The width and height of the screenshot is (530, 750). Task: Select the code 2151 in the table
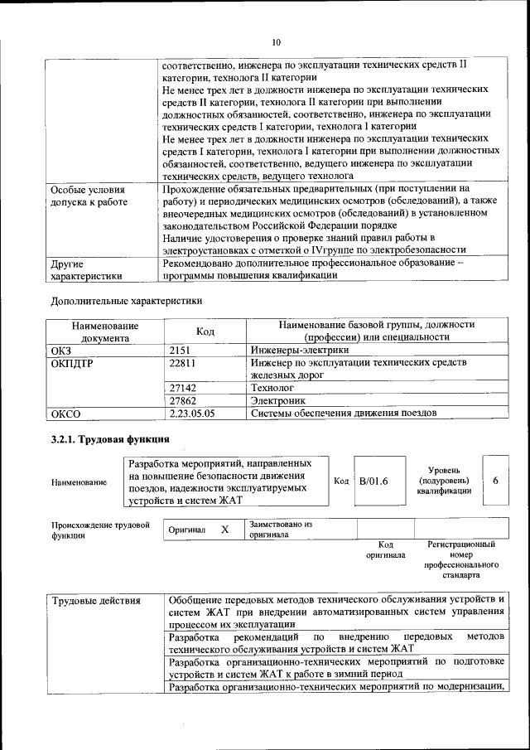tap(181, 351)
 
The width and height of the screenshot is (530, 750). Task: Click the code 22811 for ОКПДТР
tap(183, 363)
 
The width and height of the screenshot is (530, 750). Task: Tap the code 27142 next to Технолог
tap(183, 387)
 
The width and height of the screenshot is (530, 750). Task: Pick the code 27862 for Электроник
tap(183, 399)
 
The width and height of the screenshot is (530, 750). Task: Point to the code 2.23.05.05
tap(191, 412)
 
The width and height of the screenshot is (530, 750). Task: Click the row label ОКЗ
tap(62, 351)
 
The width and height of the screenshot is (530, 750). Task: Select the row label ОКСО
tap(67, 412)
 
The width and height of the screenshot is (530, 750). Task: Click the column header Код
tap(205, 331)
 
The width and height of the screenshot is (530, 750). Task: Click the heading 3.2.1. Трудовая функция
tap(110, 438)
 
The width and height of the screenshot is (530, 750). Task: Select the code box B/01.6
tap(373, 481)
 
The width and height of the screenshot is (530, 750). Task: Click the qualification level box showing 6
tap(495, 480)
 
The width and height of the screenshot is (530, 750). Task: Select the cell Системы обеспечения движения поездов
tap(355, 412)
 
